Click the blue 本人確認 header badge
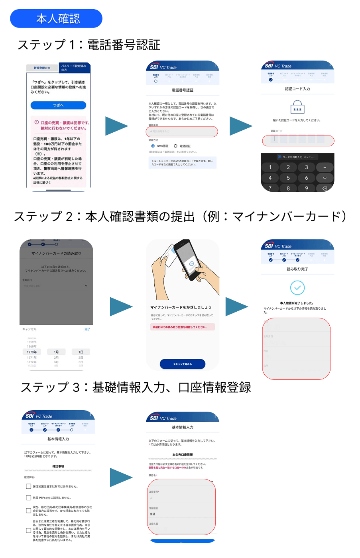56,19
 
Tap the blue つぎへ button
58,105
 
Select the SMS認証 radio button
153,146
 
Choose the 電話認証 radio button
175,146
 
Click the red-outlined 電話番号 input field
182,132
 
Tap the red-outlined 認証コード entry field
298,141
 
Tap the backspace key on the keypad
325,188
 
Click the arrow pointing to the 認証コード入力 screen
241,126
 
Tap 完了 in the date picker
87,329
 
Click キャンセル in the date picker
30,329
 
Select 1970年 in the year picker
32,352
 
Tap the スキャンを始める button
183,364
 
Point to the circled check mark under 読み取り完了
297,287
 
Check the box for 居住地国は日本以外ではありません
28,486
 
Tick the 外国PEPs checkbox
28,497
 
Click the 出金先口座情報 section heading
183,455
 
